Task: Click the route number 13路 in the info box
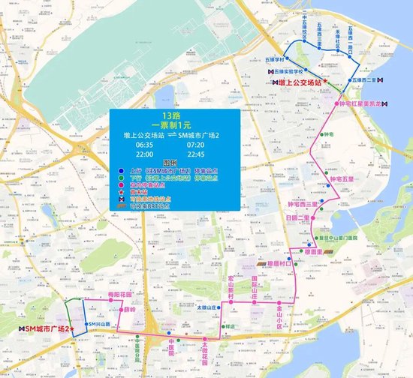click(x=173, y=116)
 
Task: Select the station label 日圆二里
click(x=297, y=217)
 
